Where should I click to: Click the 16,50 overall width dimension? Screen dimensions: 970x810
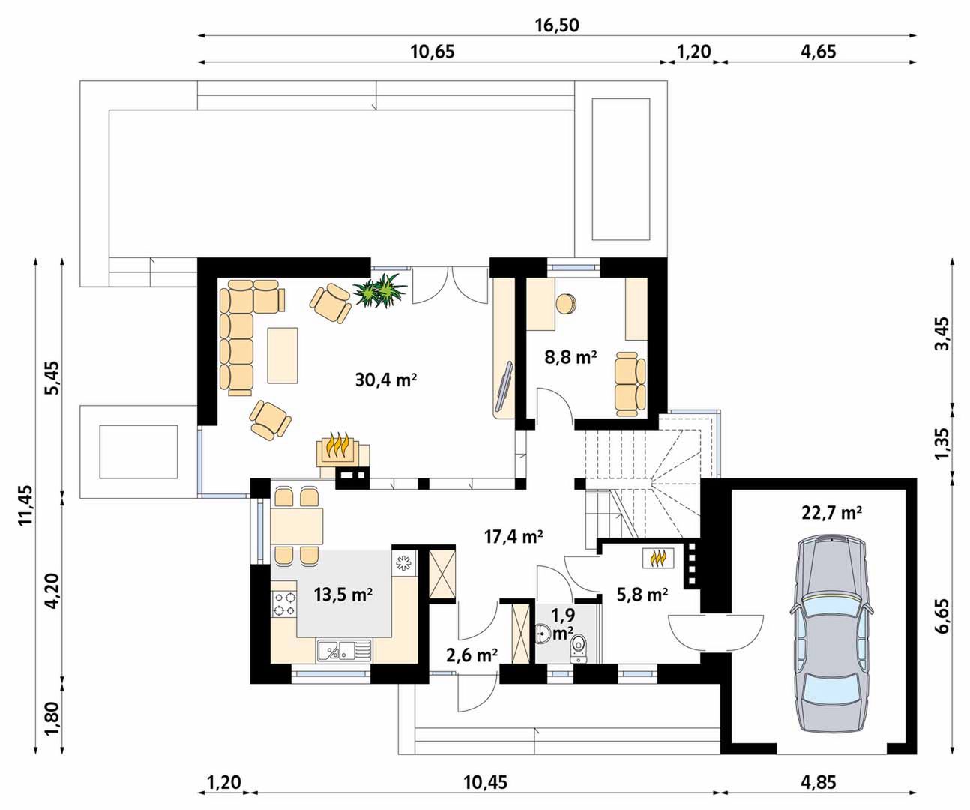[x=557, y=25]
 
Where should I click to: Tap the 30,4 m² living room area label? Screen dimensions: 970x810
[x=385, y=379]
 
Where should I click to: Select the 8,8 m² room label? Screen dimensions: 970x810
[x=570, y=357]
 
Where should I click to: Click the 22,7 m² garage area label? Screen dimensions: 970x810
[x=831, y=513]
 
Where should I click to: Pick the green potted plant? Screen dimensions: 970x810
[x=379, y=290]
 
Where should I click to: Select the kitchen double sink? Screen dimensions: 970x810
[x=344, y=650]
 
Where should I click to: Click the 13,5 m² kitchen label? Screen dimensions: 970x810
[x=343, y=594]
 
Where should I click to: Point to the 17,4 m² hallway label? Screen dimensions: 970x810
[x=513, y=537]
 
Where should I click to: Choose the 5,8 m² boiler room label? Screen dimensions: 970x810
[x=642, y=594]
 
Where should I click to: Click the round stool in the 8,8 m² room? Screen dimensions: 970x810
[x=566, y=304]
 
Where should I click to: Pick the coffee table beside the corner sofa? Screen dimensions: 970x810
[x=283, y=355]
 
